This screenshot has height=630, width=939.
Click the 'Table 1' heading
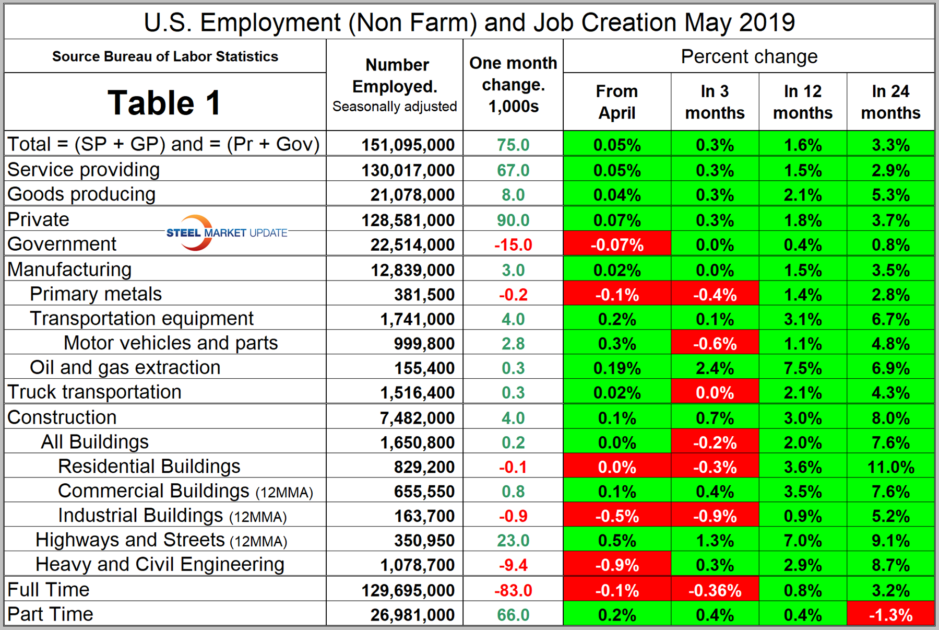[x=164, y=102]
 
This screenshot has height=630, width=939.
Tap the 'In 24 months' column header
[x=890, y=102]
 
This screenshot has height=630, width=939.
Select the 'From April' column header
[x=616, y=102]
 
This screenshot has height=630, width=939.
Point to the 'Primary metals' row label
[x=96, y=294]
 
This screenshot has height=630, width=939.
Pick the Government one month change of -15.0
[x=513, y=244]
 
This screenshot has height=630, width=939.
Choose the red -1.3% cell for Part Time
[x=890, y=615]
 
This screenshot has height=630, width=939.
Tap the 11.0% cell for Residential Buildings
[x=890, y=467]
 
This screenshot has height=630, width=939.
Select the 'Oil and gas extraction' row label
[x=125, y=368]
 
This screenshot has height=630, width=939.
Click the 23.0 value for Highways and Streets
[x=513, y=540]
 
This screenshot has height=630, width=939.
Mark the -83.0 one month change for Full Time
[x=513, y=590]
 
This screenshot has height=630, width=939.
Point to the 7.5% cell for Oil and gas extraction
[x=802, y=368]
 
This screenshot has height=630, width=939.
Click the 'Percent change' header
[x=748, y=56]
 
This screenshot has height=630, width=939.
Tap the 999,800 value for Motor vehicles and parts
[x=424, y=344]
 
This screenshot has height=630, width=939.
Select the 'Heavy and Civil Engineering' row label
[x=160, y=565]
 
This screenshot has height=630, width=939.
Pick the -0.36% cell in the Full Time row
[x=715, y=590]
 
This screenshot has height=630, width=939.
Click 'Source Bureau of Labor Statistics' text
[x=165, y=56]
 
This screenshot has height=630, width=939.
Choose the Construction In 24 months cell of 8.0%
[x=890, y=418]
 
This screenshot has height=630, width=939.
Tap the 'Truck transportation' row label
[x=94, y=392]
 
